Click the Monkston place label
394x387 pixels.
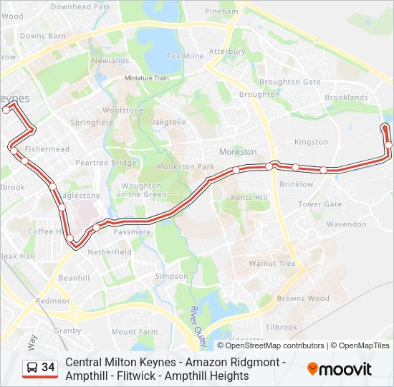[x=237, y=152]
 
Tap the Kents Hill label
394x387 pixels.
[x=249, y=197]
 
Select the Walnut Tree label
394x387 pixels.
[x=272, y=264]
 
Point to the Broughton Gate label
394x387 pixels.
[x=289, y=82]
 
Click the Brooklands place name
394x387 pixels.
[x=346, y=97]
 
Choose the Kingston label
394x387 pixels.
[x=310, y=142]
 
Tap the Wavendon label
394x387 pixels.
[x=346, y=224]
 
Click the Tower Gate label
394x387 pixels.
[x=319, y=204]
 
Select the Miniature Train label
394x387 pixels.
[x=146, y=77]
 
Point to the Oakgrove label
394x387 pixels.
[x=167, y=122]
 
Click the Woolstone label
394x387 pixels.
[x=122, y=110]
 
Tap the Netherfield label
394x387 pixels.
[x=110, y=252]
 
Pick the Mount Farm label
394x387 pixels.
[x=134, y=332]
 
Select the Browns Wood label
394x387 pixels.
[x=303, y=298]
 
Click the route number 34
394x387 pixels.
[x=48, y=368]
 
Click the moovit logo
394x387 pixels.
[x=340, y=369]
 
